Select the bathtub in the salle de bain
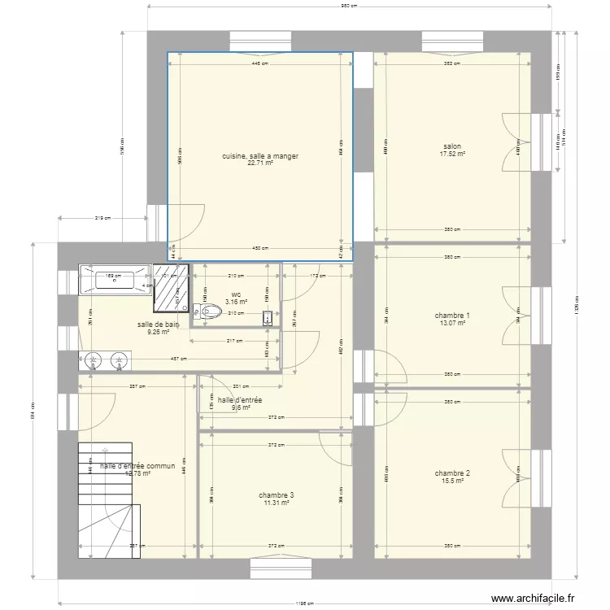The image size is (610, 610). point(115,280)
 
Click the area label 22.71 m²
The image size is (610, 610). point(261,163)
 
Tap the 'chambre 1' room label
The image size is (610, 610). point(453,316)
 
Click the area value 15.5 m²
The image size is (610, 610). point(453,481)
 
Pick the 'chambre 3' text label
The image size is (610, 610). point(277,495)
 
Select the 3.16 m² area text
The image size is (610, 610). point(237,302)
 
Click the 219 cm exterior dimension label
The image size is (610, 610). point(102,218)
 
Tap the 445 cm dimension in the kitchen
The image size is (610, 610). point(260,63)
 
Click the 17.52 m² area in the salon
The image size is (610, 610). point(453,154)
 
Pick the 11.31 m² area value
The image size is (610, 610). point(277,503)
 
